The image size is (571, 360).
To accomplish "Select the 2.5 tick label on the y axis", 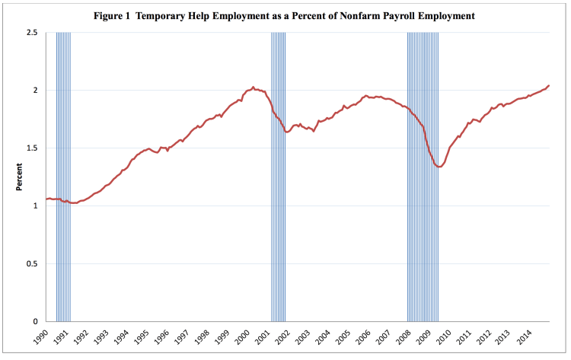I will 32,33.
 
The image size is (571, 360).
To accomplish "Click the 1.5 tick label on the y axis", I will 32,148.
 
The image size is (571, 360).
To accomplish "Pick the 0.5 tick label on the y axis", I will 32,264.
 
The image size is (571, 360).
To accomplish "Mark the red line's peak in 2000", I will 253,88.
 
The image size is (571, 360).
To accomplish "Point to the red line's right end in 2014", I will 549,85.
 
